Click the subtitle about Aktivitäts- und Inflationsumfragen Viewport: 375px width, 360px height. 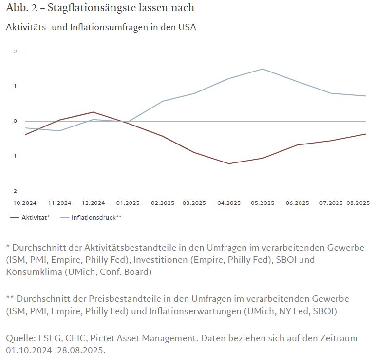[x=101, y=27]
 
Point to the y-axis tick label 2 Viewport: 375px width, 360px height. [x=16, y=52]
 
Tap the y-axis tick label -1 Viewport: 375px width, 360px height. [x=15, y=156]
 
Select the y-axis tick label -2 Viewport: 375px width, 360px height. [x=15, y=191]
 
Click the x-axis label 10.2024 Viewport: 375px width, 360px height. [x=24, y=203]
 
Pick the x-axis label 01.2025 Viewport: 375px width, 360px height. [x=128, y=203]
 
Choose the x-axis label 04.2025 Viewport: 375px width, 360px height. [x=229, y=203]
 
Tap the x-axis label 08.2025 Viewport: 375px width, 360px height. [x=358, y=203]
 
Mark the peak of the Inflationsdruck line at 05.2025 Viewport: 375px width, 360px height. [x=263, y=69]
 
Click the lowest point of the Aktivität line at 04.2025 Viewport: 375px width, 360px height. [x=229, y=163]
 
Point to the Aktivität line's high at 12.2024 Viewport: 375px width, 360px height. [x=93, y=112]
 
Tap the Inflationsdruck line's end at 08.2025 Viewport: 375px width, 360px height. [x=366, y=96]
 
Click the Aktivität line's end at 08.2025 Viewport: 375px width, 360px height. [x=366, y=134]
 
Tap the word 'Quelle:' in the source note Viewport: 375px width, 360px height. [x=21, y=338]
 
